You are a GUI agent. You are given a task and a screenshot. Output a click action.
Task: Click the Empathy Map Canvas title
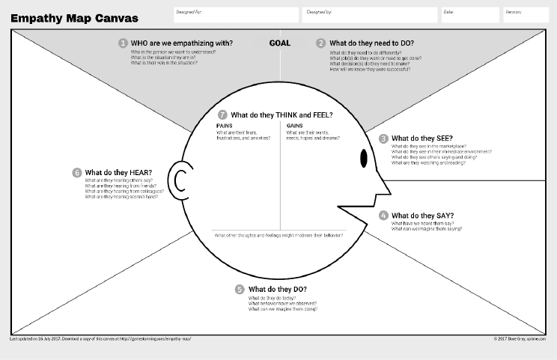point(74,18)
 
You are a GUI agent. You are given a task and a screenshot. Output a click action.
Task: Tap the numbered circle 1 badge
point(123,43)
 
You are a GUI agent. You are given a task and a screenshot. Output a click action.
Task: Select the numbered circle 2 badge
point(320,43)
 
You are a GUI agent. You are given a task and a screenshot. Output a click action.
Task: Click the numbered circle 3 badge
point(383,138)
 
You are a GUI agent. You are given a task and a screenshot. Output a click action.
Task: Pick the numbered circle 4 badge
point(383,216)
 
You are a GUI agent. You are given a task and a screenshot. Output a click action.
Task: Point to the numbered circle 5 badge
point(240,290)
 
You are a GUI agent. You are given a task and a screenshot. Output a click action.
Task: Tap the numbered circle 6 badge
point(76,173)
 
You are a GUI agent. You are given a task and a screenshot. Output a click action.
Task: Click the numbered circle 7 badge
point(222,115)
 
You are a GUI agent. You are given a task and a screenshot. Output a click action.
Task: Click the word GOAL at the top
point(279,43)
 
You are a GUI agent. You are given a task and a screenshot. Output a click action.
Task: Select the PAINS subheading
point(225,126)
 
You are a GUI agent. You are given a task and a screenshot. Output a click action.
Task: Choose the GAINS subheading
point(294,126)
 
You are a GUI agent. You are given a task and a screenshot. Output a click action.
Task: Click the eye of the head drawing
point(364,159)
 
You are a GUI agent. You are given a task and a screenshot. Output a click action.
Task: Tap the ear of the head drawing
point(180,180)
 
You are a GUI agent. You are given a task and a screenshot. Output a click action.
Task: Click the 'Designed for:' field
point(235,14)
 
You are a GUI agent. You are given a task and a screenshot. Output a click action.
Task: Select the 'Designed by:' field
point(370,14)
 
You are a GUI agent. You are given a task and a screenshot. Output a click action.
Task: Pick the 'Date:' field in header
point(469,14)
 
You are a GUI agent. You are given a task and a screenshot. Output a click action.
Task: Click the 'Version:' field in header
point(525,14)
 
